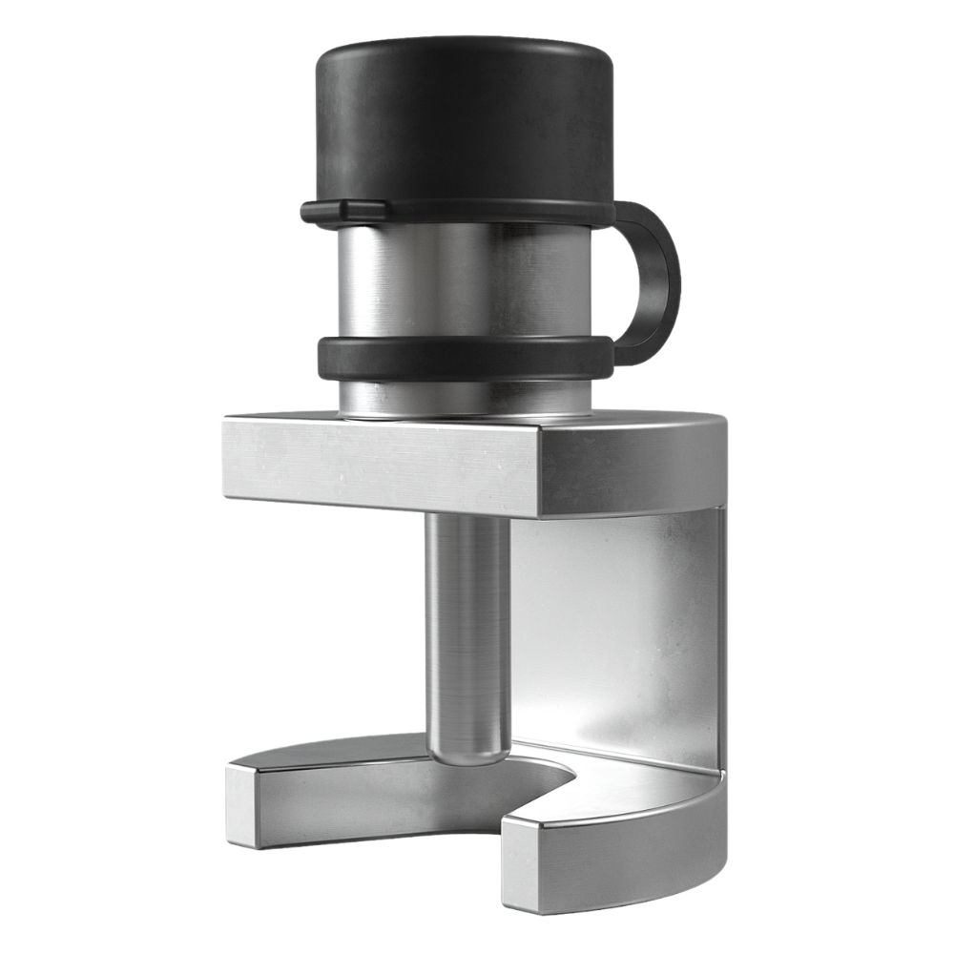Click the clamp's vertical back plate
click(x=620, y=630)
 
